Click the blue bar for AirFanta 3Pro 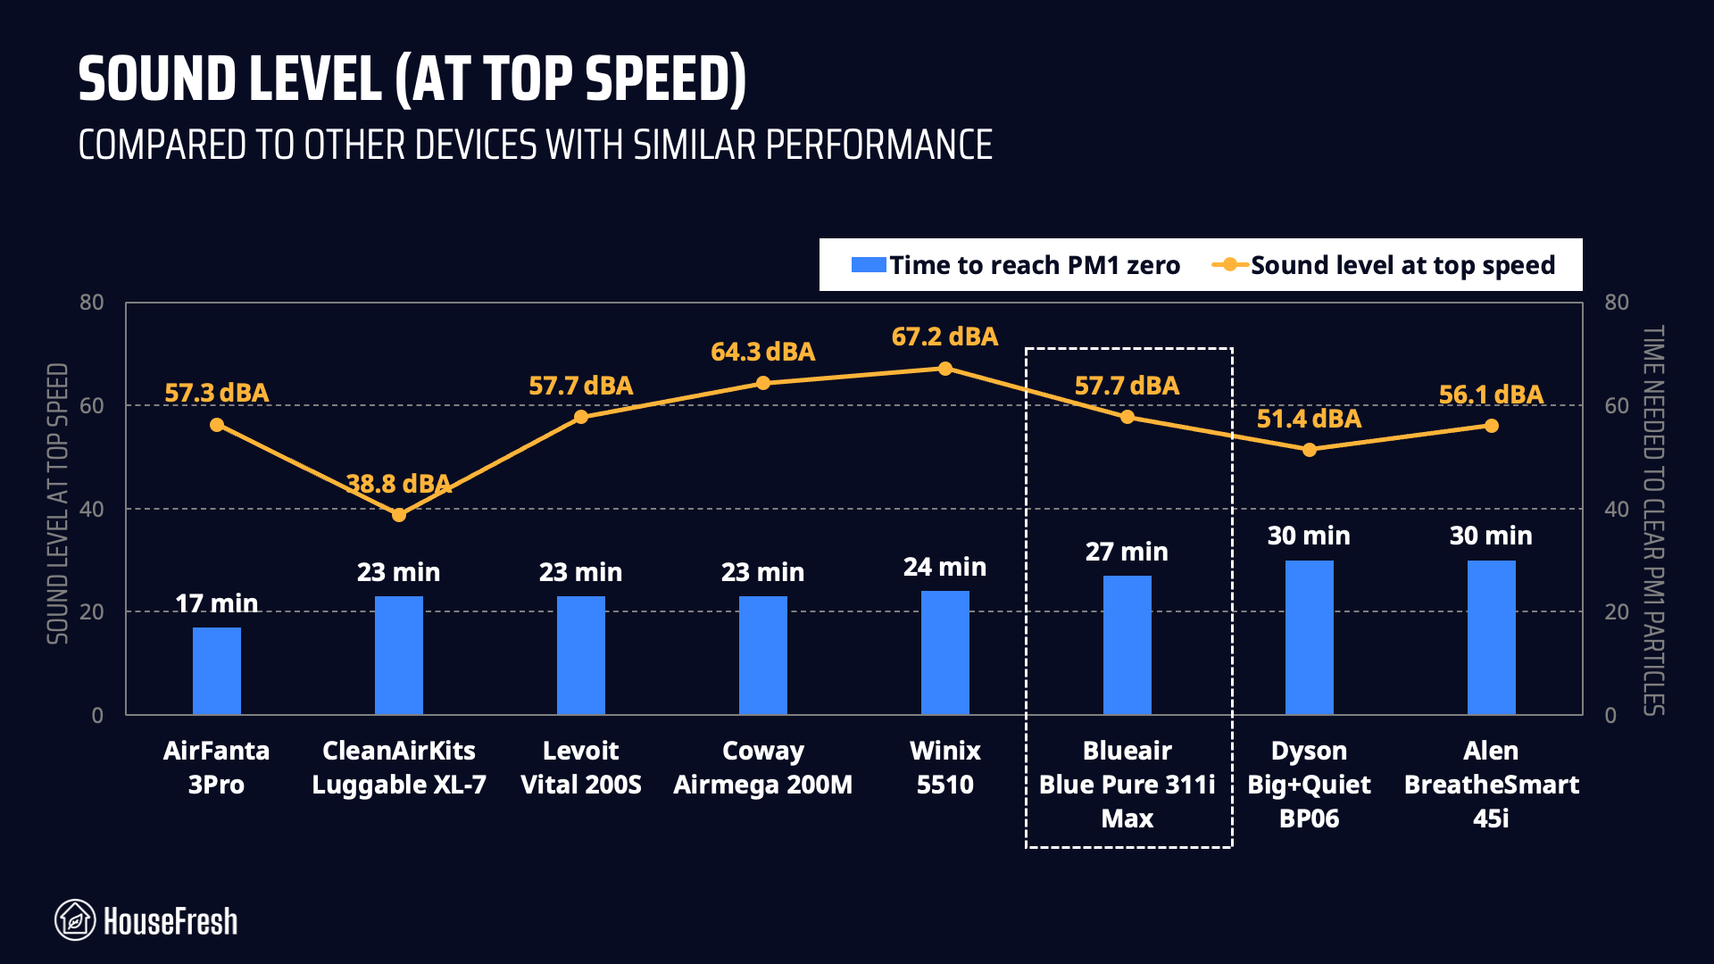(217, 671)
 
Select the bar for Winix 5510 (944, 653)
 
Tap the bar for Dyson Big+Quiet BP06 (1309, 637)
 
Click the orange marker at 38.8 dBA (399, 515)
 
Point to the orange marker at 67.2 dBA (945, 369)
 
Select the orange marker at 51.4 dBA (1309, 450)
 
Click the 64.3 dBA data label (762, 352)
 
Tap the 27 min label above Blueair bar (1127, 552)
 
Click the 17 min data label (217, 603)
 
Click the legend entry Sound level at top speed (1385, 265)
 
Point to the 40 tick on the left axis (92, 509)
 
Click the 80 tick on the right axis (1616, 303)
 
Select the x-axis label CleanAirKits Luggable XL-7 (399, 768)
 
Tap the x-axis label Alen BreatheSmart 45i (1491, 784)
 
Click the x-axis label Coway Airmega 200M (762, 768)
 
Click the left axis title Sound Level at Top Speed (58, 503)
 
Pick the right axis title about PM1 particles (1653, 519)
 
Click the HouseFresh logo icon (75, 920)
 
